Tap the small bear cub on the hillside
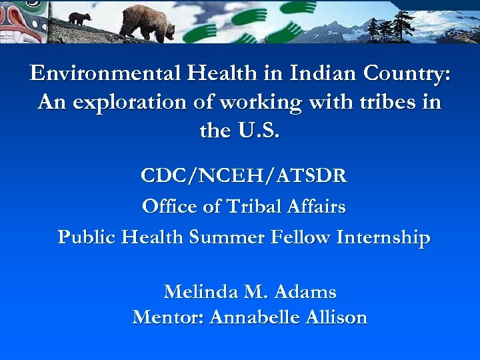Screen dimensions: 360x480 pyautogui.click(x=79, y=18)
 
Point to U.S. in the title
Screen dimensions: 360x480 pyautogui.click(x=257, y=131)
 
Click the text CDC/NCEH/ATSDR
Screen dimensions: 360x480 pyautogui.click(x=243, y=177)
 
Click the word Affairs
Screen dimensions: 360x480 pyautogui.click(x=317, y=207)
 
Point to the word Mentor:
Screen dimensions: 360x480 pyautogui.click(x=169, y=317)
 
